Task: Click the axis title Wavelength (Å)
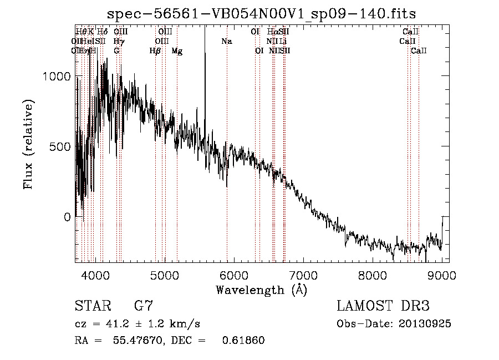pyautogui.click(x=261, y=290)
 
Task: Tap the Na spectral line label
pyautogui.click(x=226, y=42)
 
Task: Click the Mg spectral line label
pyautogui.click(x=177, y=51)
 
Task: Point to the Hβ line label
pyautogui.click(x=155, y=51)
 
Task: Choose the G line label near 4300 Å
pyautogui.click(x=116, y=51)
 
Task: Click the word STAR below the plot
pyautogui.click(x=92, y=306)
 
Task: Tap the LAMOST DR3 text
pyautogui.click(x=383, y=306)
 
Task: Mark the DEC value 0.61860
pyautogui.click(x=243, y=340)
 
